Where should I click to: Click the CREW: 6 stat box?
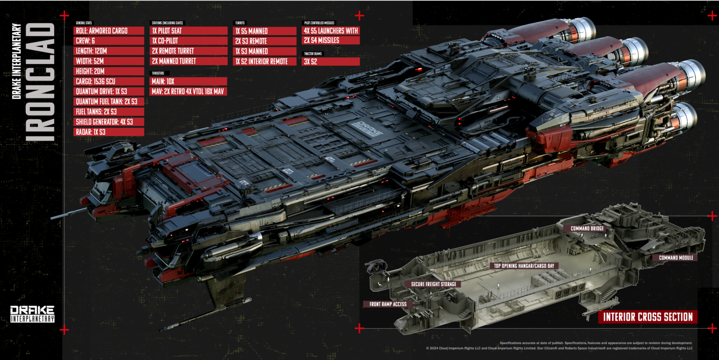point(109,41)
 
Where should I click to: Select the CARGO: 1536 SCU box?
point(109,81)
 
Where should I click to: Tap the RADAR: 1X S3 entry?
point(109,132)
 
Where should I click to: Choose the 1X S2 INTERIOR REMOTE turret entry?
point(265,61)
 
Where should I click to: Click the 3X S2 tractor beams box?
point(331,61)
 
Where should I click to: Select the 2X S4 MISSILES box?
point(331,41)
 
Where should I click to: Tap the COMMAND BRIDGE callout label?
point(587,228)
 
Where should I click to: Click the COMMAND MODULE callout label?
point(675,258)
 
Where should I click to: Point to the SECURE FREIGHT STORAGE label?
point(433,284)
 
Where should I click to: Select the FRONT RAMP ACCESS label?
point(388,304)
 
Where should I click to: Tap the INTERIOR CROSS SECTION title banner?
point(647,317)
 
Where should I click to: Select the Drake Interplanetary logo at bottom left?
point(32,314)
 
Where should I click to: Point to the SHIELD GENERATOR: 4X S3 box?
point(109,122)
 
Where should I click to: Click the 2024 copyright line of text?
point(559,348)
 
